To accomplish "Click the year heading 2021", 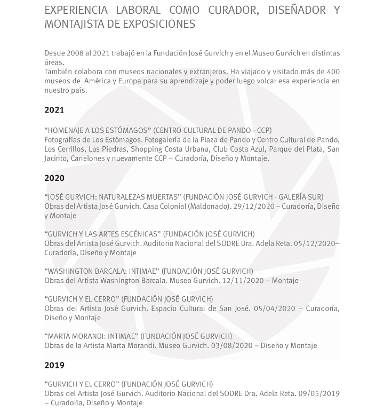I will pyautogui.click(x=54, y=110).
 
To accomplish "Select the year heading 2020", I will pyautogui.click(x=54, y=178).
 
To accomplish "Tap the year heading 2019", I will pyautogui.click(x=54, y=365).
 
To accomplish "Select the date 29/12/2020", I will pyautogui.click(x=258, y=207).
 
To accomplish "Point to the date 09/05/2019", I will pyautogui.click(x=318, y=394).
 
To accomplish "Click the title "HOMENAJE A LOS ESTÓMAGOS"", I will pyautogui.click(x=98, y=130).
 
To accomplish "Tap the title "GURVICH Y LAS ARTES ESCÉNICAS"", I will pyautogui.click(x=102, y=234).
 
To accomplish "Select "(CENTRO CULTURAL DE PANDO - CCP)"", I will pyautogui.click(x=213, y=130).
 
